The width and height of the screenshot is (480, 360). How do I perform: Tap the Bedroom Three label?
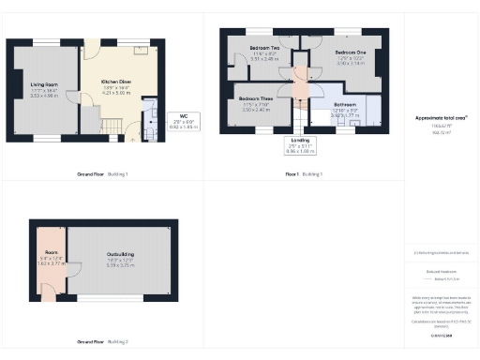[255, 99]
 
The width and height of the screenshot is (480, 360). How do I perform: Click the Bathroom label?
[345, 104]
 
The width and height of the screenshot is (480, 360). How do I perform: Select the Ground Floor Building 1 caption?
[102, 174]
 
